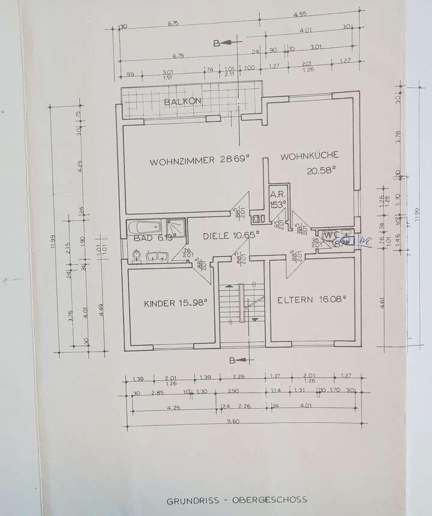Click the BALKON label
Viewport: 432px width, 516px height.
(182, 102)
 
